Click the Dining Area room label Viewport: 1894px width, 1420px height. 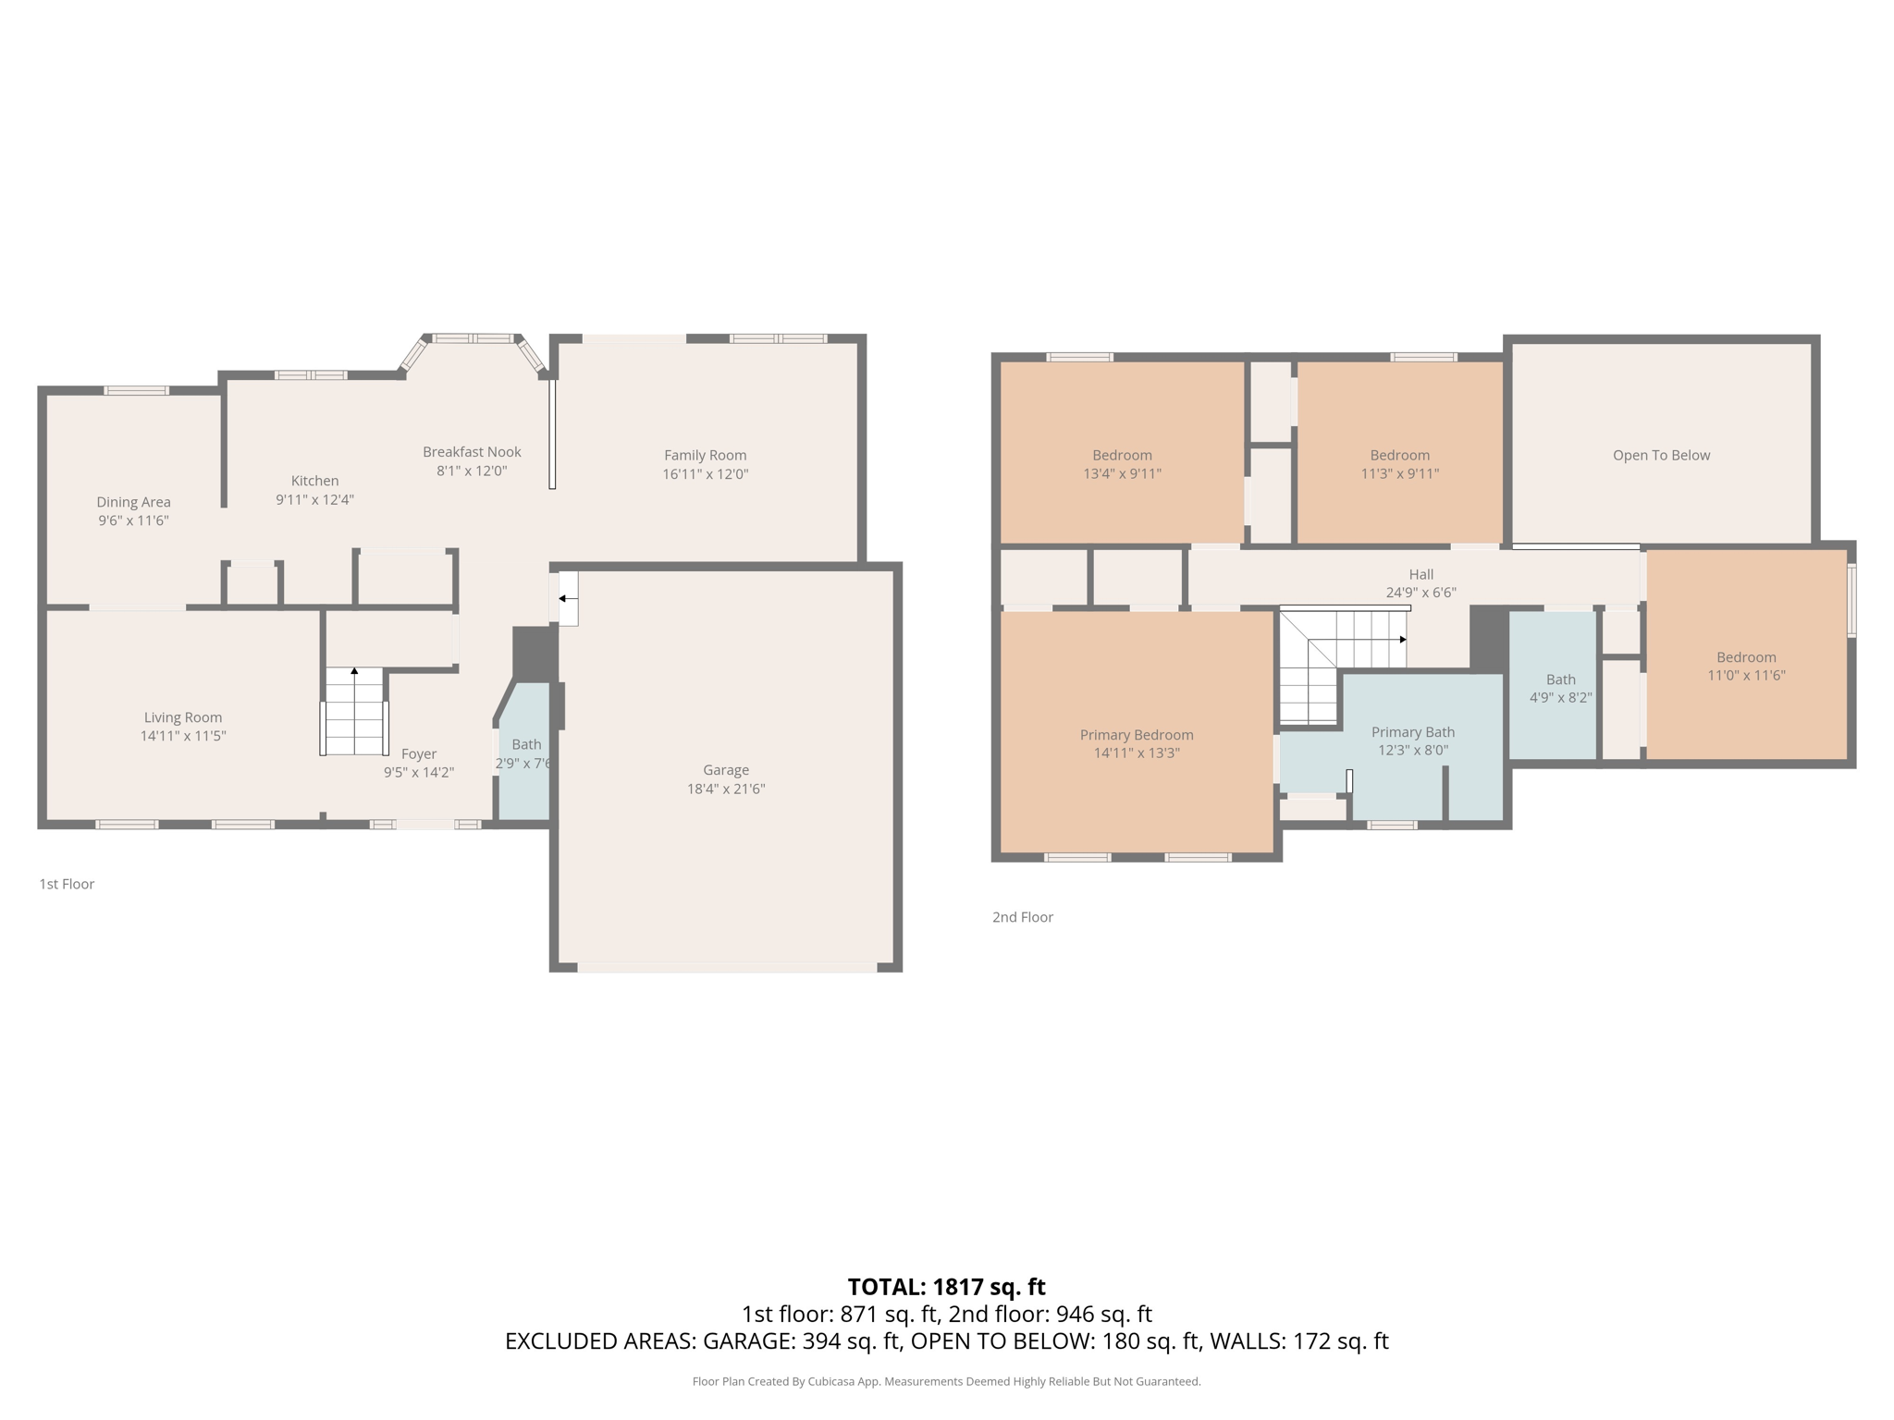point(133,502)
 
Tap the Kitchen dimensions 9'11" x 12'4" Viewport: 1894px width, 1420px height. point(314,500)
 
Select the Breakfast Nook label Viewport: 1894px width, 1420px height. point(472,452)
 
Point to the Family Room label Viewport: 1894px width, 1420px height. point(705,455)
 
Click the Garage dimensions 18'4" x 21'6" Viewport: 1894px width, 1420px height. point(725,789)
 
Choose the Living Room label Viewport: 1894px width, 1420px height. point(182,717)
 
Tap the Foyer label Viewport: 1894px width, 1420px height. point(418,753)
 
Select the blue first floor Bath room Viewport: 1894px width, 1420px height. point(525,777)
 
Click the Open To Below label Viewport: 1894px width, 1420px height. point(1661,455)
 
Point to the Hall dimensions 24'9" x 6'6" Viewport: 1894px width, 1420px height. point(1420,593)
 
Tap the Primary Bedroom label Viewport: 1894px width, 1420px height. point(1137,735)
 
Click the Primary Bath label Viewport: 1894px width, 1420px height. point(1412,732)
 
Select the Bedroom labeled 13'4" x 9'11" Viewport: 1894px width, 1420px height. point(1122,463)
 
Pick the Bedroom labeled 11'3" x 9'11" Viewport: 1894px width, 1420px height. point(1399,463)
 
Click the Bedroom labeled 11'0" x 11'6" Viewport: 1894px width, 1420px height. point(1745,666)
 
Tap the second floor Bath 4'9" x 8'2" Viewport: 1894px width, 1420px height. point(1560,688)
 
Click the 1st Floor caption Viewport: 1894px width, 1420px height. point(67,884)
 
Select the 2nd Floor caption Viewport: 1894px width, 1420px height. point(1022,917)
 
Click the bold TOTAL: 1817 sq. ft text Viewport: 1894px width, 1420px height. point(946,1286)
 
